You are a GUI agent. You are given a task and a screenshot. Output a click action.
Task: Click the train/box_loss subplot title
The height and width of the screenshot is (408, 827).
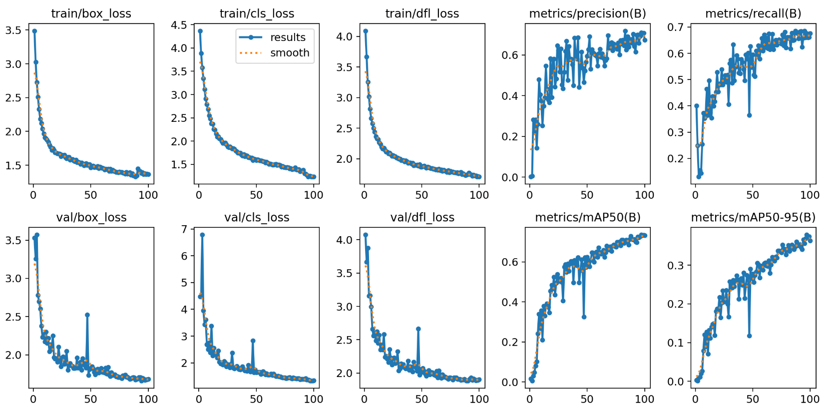(x=91, y=13)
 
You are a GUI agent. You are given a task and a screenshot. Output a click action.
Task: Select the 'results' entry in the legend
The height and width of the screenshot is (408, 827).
(x=287, y=37)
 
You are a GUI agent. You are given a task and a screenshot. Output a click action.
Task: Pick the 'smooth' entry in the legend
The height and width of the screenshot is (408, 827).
(x=290, y=53)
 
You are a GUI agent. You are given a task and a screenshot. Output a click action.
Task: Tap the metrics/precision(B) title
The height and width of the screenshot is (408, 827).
(x=587, y=13)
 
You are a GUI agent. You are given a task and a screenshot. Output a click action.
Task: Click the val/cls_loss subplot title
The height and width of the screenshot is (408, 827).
(x=257, y=217)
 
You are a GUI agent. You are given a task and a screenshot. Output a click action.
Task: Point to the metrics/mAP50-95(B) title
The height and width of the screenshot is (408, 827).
(x=753, y=217)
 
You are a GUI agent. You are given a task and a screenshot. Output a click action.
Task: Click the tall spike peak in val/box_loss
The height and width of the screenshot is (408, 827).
(x=87, y=315)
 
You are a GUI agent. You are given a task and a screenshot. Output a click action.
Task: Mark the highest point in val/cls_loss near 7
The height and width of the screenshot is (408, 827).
(x=202, y=235)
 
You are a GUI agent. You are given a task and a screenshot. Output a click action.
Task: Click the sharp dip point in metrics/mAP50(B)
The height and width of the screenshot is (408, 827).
(x=584, y=317)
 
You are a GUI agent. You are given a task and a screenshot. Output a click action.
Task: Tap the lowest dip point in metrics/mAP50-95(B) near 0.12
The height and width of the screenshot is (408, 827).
(x=749, y=336)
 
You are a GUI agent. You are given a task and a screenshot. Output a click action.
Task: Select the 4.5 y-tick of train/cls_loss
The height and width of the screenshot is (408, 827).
(x=179, y=25)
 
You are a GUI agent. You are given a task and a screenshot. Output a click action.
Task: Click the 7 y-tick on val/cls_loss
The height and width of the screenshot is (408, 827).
(x=184, y=229)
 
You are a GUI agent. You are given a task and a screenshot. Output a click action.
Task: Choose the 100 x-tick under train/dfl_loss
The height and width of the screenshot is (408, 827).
(x=479, y=195)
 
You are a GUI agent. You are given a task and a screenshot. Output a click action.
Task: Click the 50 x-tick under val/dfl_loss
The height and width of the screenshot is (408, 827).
(x=421, y=399)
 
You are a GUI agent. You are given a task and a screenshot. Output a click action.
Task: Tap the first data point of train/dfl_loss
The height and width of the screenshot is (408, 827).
(x=366, y=31)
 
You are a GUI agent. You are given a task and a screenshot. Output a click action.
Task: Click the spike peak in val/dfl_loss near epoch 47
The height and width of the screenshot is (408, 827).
(x=418, y=329)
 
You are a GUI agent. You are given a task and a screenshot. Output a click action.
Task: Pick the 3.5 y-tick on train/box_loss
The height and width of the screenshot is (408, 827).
(x=13, y=30)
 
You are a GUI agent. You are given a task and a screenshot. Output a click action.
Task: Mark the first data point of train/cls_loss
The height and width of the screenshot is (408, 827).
(x=200, y=31)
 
